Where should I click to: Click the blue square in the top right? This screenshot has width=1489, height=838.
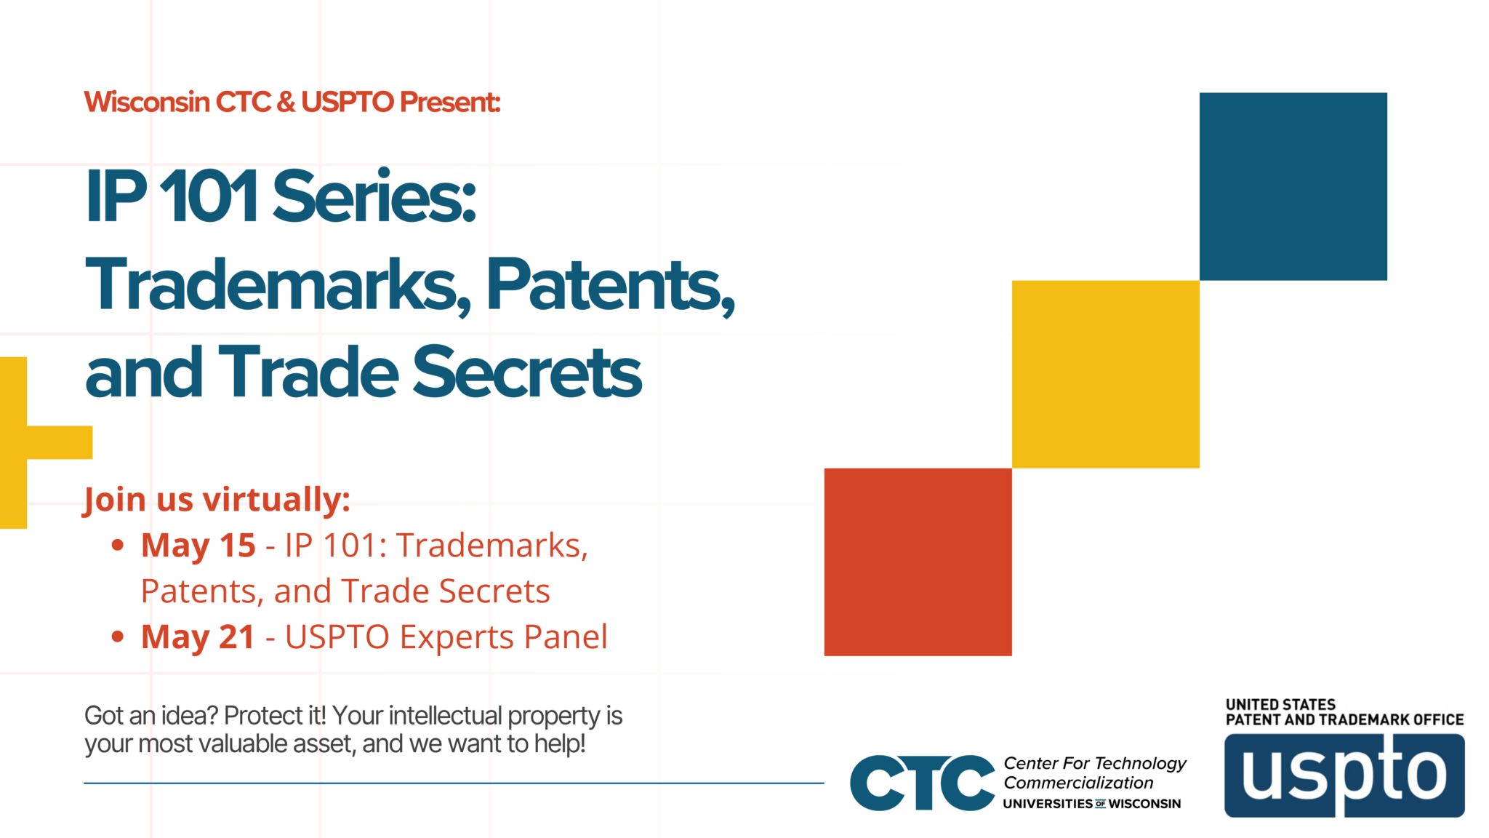[1293, 186]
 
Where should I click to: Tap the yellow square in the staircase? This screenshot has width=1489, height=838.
[1105, 374]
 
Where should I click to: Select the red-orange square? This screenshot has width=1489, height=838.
[918, 562]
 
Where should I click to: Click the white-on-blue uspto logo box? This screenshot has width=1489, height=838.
[1344, 775]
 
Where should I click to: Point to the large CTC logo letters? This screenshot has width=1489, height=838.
[922, 783]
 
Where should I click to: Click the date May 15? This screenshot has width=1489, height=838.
[198, 546]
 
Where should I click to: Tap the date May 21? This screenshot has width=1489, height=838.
[198, 637]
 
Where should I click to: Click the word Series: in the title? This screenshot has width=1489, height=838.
[374, 196]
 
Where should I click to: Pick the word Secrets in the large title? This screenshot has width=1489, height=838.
[527, 372]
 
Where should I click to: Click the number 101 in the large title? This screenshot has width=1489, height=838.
[209, 196]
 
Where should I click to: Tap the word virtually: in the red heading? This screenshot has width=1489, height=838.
[276, 500]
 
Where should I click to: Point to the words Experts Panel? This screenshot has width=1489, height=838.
[503, 637]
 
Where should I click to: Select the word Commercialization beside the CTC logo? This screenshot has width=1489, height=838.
[1078, 783]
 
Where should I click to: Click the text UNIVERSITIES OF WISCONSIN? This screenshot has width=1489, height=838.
[1091, 804]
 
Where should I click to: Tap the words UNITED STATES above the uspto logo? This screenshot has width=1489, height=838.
[1280, 704]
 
